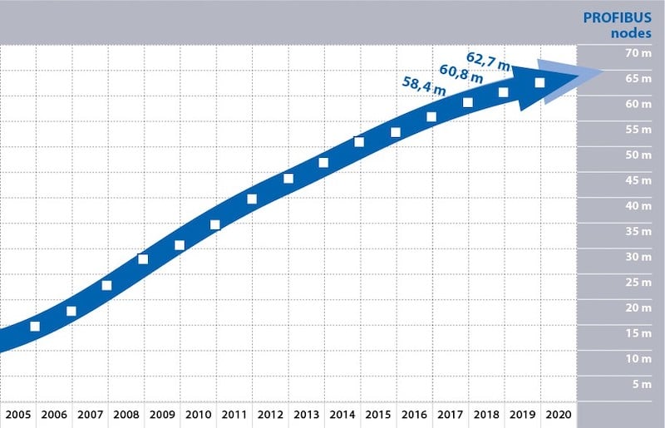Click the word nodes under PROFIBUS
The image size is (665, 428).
pos(633,33)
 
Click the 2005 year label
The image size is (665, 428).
pos(17,415)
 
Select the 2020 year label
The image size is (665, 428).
pos(558,415)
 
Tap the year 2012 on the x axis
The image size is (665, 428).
pos(269,415)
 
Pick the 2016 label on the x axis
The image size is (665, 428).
pos(413,415)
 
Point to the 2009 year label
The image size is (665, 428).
pos(161,415)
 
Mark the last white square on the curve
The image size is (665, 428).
pos(539,82)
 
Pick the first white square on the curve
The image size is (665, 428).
pos(35,326)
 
